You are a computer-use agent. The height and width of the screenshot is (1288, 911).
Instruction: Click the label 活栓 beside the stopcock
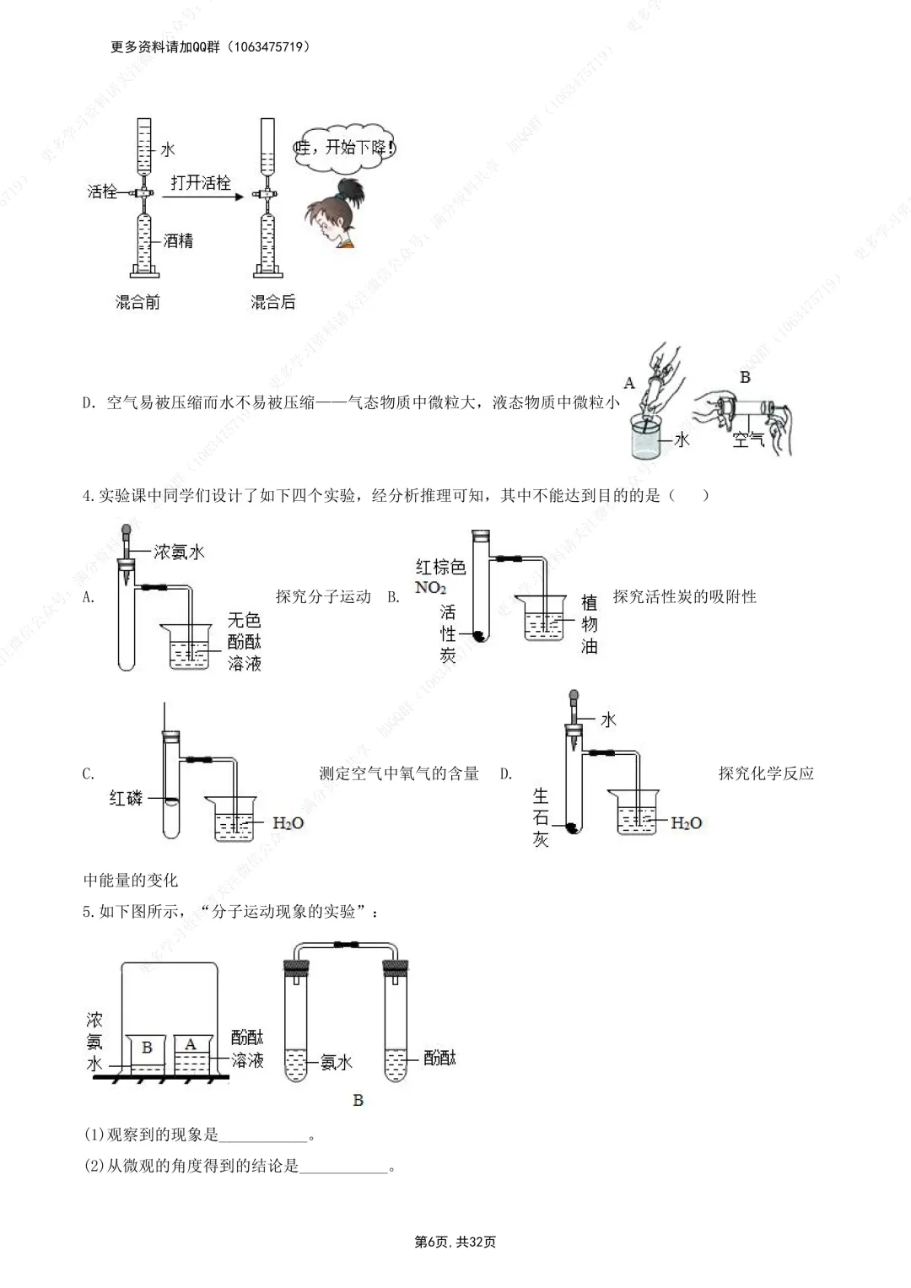point(102,191)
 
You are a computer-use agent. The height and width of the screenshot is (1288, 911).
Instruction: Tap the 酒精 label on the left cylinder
point(178,241)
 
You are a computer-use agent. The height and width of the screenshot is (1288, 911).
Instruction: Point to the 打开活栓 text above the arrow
point(200,183)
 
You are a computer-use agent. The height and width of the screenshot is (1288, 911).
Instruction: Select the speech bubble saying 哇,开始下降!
point(345,148)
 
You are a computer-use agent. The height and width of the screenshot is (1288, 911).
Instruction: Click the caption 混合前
point(137,302)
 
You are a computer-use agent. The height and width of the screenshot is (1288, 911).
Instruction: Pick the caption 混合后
point(272,302)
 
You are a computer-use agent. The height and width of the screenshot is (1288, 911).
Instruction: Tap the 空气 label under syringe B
point(747,439)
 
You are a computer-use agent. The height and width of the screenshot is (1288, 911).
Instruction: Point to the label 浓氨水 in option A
point(179,552)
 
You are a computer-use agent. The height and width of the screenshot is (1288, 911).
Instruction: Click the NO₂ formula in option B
point(430,587)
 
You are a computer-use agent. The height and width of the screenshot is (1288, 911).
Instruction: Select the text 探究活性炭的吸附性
point(684,597)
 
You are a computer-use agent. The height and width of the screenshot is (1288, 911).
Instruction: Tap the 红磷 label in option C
point(126,798)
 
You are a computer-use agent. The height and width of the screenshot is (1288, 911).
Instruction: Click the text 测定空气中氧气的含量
point(399,773)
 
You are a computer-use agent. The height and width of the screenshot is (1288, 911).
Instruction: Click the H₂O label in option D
point(686,823)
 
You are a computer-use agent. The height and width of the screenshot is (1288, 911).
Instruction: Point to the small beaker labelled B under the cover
point(147,1053)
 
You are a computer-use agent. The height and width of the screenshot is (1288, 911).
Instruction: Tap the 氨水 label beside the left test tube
point(336,1063)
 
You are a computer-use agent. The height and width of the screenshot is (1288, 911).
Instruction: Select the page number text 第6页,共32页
point(455,1242)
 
